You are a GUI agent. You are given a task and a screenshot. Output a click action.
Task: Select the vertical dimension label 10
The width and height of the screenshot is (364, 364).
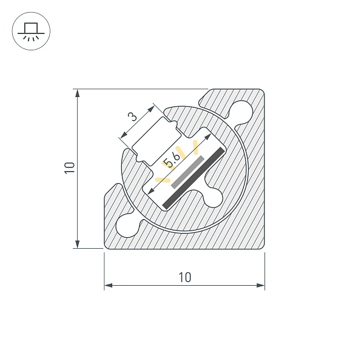[x=70, y=168]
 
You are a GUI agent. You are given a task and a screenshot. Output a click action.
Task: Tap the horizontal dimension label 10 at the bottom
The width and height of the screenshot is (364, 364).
[x=184, y=277]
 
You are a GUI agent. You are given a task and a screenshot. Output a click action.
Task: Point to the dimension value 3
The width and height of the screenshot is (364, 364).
[x=133, y=116]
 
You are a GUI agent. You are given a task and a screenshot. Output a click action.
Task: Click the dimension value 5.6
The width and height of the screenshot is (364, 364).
[x=172, y=161]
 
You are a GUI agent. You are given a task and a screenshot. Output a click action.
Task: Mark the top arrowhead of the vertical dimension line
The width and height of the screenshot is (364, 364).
[x=78, y=93]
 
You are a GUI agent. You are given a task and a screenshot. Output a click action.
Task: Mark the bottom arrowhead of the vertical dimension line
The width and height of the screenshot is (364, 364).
[x=78, y=244]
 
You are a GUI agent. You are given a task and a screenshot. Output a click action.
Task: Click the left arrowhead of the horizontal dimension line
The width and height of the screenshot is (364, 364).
[x=108, y=285]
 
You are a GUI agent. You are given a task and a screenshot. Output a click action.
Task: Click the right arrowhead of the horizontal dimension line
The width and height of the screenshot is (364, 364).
[x=261, y=285]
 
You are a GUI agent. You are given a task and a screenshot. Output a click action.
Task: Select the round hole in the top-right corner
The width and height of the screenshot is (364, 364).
[x=243, y=110]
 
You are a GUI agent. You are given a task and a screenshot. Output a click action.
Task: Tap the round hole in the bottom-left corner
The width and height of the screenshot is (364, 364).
[x=128, y=224]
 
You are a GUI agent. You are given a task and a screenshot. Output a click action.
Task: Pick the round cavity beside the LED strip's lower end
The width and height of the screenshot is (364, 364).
[x=215, y=196]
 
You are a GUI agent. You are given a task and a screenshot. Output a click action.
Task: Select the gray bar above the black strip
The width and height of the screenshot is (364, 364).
[x=187, y=170]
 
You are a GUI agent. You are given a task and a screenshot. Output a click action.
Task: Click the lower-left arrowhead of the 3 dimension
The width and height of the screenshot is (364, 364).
[x=123, y=135]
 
